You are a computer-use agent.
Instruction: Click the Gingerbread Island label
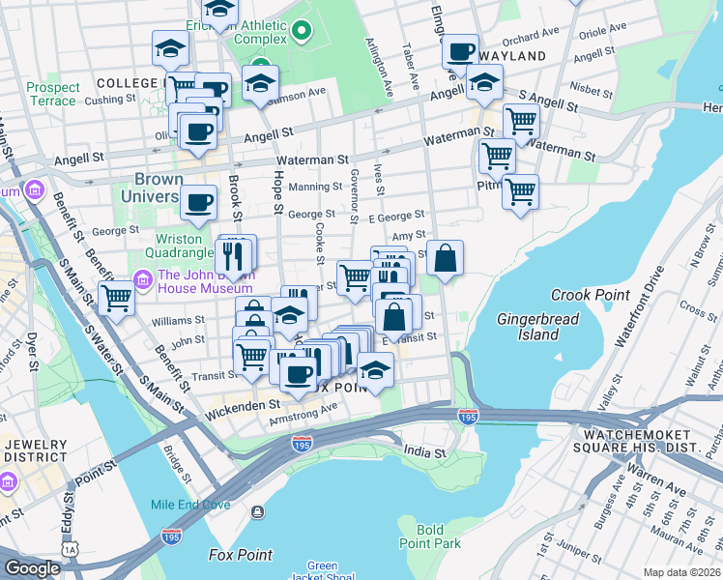pos(528,327)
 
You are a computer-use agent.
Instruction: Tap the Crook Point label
pos(590,295)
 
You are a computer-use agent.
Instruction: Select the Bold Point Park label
pos(444,536)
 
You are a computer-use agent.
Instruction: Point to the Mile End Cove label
pos(190,505)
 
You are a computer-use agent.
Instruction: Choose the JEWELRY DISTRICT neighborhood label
pos(36,449)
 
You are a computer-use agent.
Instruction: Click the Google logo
pos(32,568)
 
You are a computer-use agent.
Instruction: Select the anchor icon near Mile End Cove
pos(256,511)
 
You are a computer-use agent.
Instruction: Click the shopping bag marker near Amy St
pos(445,259)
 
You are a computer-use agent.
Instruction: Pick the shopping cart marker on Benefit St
pos(116,300)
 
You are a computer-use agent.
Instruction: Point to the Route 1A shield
pos(70,548)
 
